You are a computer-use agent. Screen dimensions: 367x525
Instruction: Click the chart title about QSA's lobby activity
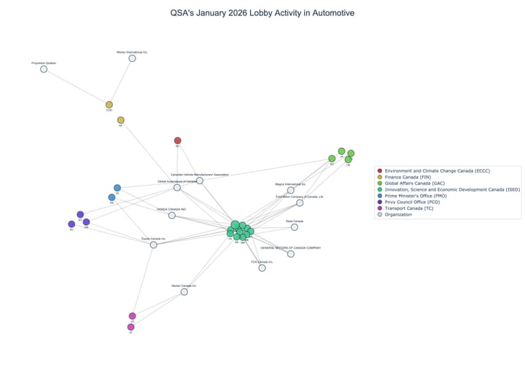point(262,13)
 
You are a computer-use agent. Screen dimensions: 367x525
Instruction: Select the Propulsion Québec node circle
point(44,69)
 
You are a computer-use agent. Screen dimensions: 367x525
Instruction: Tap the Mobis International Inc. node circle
point(132,58)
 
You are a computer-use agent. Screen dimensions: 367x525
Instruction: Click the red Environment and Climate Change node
point(177,141)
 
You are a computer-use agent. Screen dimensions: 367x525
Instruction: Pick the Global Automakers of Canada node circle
point(177,188)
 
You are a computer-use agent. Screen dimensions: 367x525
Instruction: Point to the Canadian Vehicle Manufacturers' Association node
point(200,181)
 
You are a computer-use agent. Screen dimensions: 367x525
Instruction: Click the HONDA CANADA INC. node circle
point(172,216)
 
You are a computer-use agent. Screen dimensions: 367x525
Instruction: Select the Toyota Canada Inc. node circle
point(153,245)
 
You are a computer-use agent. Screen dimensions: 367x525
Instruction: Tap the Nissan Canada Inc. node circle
point(184,291)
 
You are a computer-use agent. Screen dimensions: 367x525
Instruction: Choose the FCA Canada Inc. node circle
point(262,268)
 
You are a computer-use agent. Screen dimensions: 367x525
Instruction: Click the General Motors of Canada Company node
point(290,254)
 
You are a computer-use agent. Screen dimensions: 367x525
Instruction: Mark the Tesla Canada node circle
point(295,227)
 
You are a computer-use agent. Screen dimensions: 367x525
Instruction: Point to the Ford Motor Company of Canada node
point(300,203)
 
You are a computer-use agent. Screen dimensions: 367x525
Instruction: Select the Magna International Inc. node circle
point(290,191)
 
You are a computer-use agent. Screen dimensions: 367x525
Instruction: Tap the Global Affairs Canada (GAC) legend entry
point(412,183)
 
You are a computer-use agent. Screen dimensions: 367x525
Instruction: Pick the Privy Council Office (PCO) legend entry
point(412,202)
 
